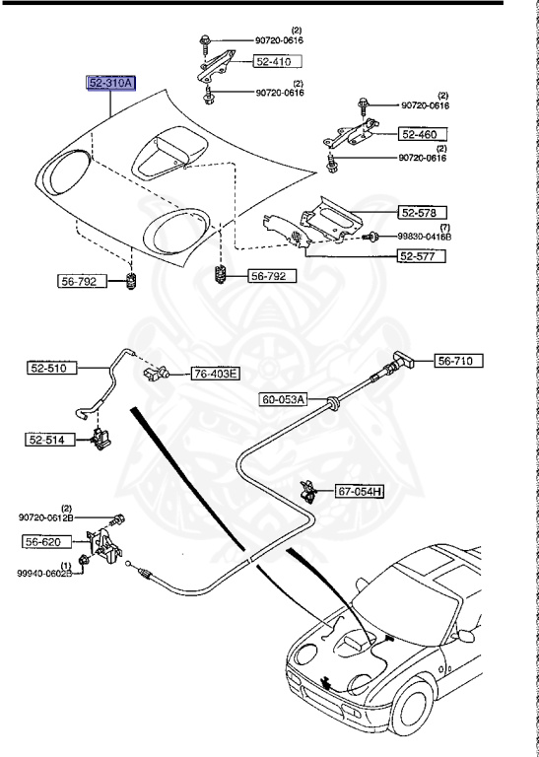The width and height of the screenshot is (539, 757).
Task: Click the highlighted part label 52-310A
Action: click(110, 83)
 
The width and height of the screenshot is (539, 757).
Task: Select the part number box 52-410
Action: click(278, 61)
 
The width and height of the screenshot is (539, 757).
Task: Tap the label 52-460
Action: click(423, 134)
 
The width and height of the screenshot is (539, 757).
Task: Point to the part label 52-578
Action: click(423, 213)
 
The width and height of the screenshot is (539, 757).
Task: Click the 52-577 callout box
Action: click(422, 256)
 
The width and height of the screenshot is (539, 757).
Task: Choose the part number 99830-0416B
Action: click(425, 237)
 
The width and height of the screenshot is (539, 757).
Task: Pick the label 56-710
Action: click(458, 361)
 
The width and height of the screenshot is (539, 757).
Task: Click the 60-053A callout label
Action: click(284, 400)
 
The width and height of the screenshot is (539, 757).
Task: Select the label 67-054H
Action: click(360, 492)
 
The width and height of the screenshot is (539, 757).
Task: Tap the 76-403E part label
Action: click(216, 374)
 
